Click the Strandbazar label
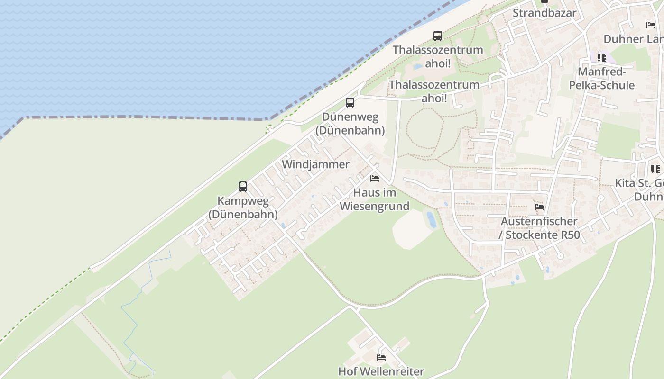[544, 13]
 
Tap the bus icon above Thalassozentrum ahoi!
[438, 36]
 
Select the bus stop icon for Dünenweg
[350, 102]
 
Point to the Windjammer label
[315, 164]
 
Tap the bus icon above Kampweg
[243, 186]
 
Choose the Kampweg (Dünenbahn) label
[243, 208]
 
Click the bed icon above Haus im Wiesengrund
[375, 179]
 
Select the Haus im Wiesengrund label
[374, 199]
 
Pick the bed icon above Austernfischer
[539, 207]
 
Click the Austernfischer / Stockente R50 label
[539, 228]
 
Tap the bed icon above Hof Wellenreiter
[381, 357]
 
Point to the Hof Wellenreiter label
[381, 371]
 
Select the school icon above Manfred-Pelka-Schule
[601, 58]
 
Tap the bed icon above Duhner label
[651, 25]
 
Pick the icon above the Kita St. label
[655, 169]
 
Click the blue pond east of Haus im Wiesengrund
[431, 219]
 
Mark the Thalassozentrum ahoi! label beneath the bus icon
[438, 56]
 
